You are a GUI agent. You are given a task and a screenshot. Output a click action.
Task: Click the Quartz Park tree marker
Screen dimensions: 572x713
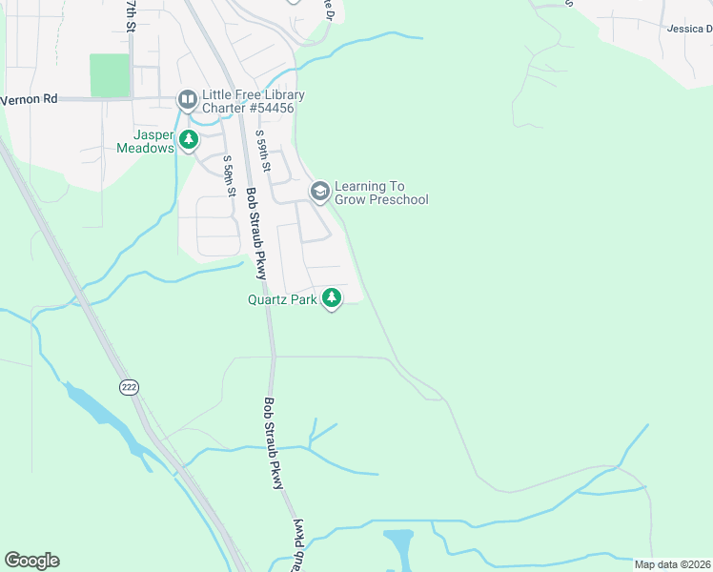(x=332, y=298)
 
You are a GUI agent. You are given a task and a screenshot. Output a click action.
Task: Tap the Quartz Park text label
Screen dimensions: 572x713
(x=281, y=299)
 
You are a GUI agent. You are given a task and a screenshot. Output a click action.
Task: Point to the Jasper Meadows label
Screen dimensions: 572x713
(x=146, y=142)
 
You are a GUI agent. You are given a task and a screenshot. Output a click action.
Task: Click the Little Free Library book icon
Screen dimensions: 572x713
(x=187, y=99)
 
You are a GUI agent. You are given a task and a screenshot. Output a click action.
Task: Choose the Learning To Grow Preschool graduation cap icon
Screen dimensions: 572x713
(x=319, y=192)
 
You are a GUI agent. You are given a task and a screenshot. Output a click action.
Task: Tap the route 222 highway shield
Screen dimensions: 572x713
(x=130, y=387)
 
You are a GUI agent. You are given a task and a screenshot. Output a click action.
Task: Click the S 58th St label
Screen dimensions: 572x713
(x=230, y=176)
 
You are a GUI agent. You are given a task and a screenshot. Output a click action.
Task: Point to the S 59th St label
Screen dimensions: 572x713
(x=264, y=153)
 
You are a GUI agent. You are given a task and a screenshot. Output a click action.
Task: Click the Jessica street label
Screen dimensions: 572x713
(x=689, y=30)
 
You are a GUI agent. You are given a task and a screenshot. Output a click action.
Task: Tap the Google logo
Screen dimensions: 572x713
(x=31, y=560)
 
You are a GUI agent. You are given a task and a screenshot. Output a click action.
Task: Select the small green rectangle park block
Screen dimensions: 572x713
(x=110, y=75)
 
